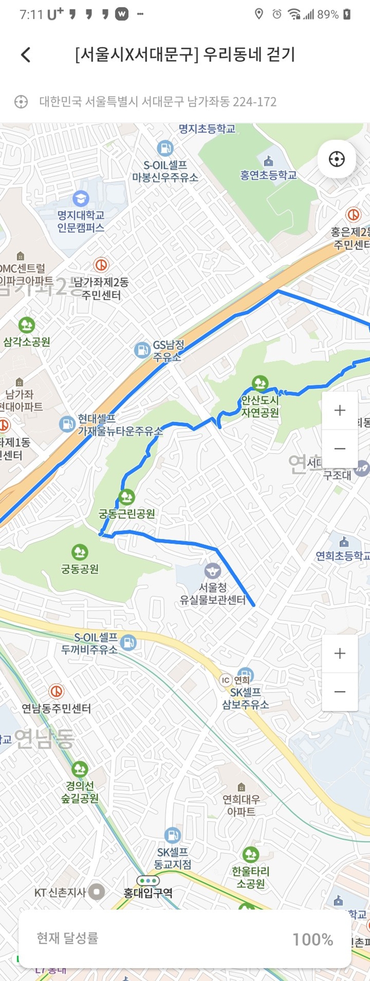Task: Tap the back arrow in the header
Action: coord(26,55)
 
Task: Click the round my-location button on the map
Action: coord(337,159)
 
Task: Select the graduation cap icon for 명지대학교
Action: coord(81,199)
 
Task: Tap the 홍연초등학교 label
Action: coord(268,175)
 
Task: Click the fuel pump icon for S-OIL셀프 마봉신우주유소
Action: coord(165,148)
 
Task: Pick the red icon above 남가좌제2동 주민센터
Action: coord(101,265)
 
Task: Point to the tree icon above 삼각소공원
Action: coord(26,325)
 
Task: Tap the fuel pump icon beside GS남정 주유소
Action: coord(142,350)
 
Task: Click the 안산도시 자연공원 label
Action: coord(260,406)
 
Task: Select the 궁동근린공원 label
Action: coord(127,513)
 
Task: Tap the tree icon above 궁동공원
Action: coord(80,552)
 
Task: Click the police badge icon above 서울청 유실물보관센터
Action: coord(212,570)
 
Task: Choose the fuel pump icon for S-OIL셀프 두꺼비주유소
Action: coord(129,642)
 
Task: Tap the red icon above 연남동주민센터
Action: coord(56,691)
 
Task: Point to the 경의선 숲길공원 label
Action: coord(80,791)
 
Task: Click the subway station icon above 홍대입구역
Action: coord(148,880)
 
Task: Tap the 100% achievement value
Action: coord(313,939)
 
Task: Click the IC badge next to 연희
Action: coord(225,680)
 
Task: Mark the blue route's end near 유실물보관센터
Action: coord(253,605)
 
